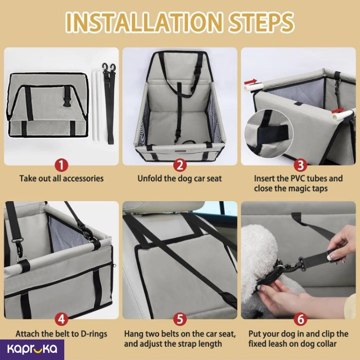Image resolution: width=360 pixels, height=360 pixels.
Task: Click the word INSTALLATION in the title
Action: click(144, 23)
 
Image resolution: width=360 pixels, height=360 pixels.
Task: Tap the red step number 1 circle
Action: click(61, 165)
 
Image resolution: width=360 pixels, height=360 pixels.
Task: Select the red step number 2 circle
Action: click(180, 165)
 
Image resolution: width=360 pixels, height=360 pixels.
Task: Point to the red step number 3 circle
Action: click(300, 165)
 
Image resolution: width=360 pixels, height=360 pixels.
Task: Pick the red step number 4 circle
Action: click(61, 319)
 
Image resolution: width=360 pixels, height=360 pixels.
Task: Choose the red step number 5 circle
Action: click(180, 319)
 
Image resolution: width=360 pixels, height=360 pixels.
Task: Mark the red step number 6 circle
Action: click(300, 319)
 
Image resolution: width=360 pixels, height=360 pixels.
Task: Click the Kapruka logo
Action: click(32, 349)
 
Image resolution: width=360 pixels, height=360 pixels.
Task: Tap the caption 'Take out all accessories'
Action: click(61, 178)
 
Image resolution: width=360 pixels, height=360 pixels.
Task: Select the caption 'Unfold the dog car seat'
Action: click(179, 178)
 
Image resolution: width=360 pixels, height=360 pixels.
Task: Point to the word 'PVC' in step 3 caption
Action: click(299, 178)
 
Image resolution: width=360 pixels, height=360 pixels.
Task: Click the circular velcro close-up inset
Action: click(268, 134)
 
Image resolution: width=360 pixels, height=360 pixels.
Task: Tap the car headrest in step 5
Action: click(164, 207)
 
